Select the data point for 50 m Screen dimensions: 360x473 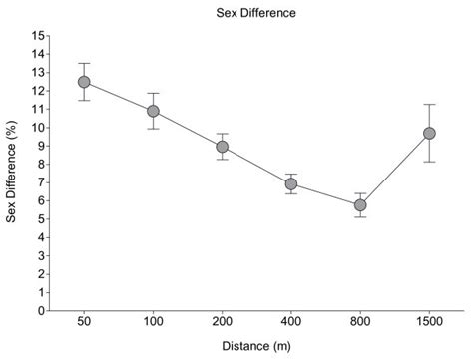click(84, 82)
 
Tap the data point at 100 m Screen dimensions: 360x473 click(153, 111)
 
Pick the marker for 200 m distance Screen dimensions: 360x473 click(223, 147)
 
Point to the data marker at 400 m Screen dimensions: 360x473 click(291, 183)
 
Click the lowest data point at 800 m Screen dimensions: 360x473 click(360, 205)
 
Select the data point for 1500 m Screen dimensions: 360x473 click(429, 133)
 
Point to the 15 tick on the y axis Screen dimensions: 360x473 click(40, 36)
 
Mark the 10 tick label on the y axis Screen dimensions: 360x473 click(40, 128)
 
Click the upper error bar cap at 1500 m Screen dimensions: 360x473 click(429, 104)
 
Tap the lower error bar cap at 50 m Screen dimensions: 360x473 click(84, 100)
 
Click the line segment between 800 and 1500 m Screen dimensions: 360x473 click(395, 169)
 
